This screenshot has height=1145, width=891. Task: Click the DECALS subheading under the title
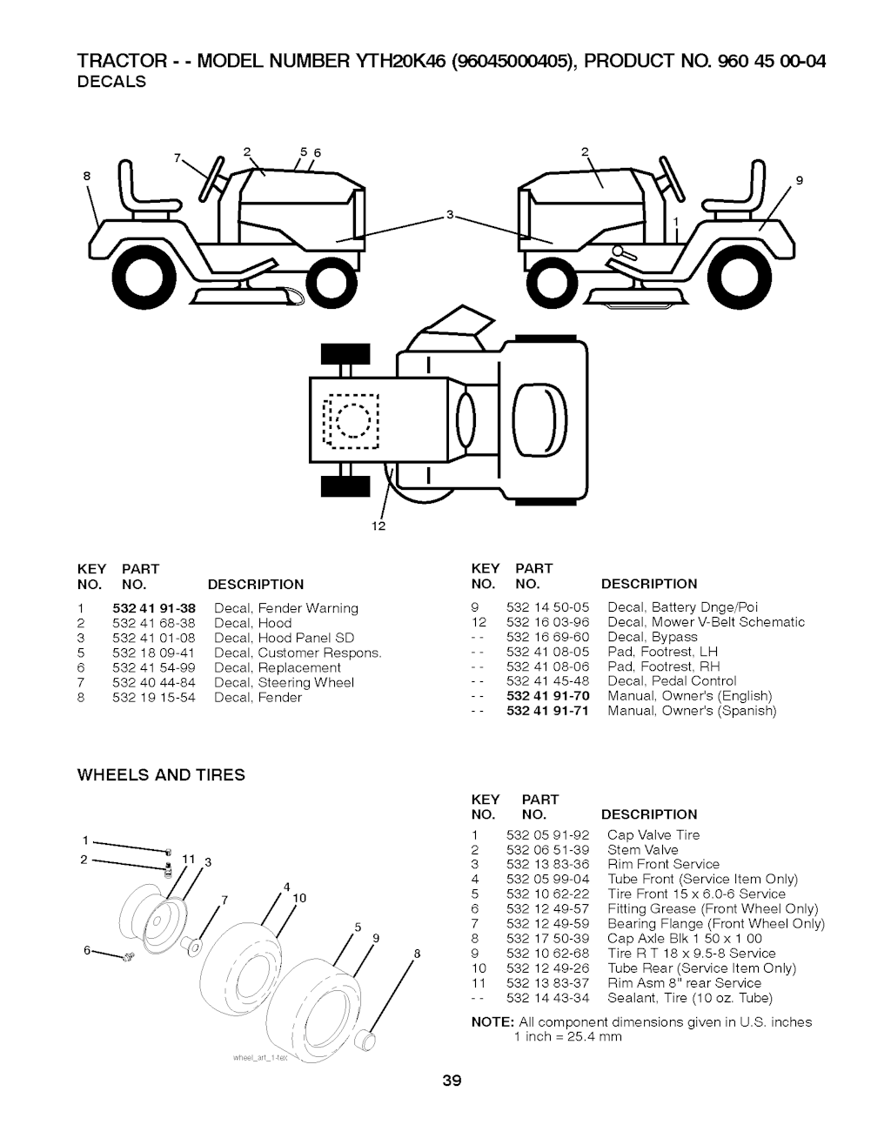coord(111,82)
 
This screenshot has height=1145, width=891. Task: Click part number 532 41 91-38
coord(154,608)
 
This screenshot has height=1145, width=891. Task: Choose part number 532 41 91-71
coord(547,711)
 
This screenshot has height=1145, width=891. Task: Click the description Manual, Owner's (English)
coord(689,696)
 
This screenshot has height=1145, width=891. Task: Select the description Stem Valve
coord(642,850)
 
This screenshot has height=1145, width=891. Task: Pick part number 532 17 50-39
coord(547,939)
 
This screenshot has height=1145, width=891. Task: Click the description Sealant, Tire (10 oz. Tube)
coord(689,998)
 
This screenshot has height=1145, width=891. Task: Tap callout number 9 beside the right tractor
coord(798,182)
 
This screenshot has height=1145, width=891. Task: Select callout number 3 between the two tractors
coord(450,215)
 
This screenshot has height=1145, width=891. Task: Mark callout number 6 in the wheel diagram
coord(88,951)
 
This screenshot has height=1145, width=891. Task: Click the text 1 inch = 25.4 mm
coord(567,1036)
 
